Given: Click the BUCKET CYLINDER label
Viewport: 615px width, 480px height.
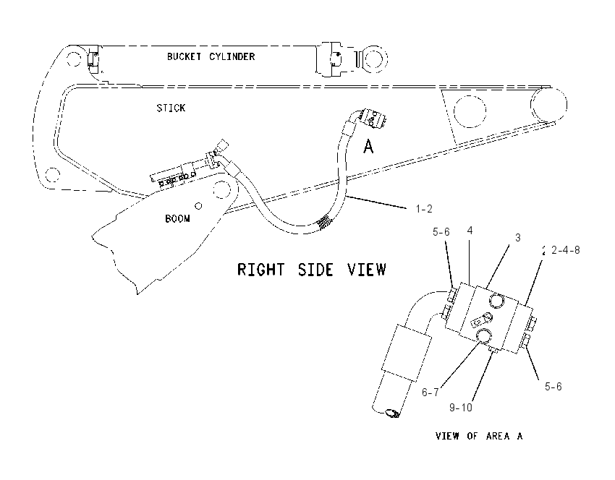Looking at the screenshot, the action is pyautogui.click(x=211, y=57).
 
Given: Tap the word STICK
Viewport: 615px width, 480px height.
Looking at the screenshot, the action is pyautogui.click(x=171, y=108).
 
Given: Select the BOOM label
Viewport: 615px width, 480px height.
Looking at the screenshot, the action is pyautogui.click(x=177, y=218).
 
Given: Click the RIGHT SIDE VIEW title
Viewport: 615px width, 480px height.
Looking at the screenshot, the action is pyautogui.click(x=312, y=270).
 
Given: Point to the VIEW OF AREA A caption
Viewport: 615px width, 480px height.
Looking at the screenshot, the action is pyautogui.click(x=479, y=436).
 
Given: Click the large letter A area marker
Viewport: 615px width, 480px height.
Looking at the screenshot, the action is pyautogui.click(x=368, y=147).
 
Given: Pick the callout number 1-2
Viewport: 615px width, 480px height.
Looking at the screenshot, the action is pyautogui.click(x=424, y=209).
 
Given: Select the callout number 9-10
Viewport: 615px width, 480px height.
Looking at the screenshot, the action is pyautogui.click(x=460, y=408).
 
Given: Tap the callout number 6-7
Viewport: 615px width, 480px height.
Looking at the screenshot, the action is pyautogui.click(x=430, y=392).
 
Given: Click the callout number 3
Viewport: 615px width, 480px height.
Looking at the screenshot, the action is pyautogui.click(x=518, y=237).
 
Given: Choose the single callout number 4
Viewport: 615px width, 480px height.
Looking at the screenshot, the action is pyautogui.click(x=470, y=231).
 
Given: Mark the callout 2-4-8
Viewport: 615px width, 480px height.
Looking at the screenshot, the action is pyautogui.click(x=565, y=250).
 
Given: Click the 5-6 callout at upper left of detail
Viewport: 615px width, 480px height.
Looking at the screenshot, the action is pyautogui.click(x=441, y=232).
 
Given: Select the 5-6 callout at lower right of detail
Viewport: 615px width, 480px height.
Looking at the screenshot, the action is pyautogui.click(x=553, y=387).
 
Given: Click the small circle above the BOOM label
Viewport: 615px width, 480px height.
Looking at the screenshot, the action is pyautogui.click(x=198, y=206).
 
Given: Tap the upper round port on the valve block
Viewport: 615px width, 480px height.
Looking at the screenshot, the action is pyautogui.click(x=497, y=301).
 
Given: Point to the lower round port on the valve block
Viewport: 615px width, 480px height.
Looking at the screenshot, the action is pyautogui.click(x=483, y=335).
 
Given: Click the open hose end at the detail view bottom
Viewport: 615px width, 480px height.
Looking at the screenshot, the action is pyautogui.click(x=392, y=413).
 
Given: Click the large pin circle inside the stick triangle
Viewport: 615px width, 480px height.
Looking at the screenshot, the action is pyautogui.click(x=470, y=111).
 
